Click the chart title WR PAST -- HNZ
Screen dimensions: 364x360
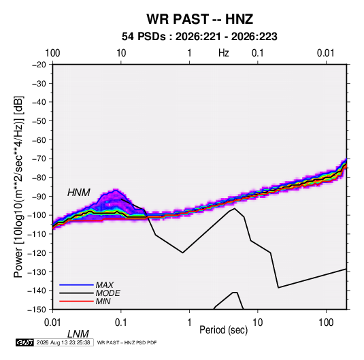tap(199, 19)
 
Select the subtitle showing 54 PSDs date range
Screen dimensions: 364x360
tap(199, 37)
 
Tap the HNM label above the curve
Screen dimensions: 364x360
tap(79, 193)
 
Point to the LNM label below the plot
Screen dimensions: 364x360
tap(78, 334)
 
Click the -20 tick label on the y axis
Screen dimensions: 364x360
tap(39, 65)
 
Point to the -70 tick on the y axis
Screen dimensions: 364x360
tap(39, 159)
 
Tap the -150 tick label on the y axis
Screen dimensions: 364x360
tap(37, 310)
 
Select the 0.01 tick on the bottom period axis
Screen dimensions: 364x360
tap(52, 323)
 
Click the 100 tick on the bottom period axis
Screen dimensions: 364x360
tap(326, 323)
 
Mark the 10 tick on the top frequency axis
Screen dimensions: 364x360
tap(121, 53)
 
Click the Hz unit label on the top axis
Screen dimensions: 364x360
tap(224, 53)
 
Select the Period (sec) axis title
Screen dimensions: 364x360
tap(224, 330)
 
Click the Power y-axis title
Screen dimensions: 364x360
tap(18, 187)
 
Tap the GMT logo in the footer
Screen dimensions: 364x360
tap(24, 342)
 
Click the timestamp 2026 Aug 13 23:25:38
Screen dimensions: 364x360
tap(63, 342)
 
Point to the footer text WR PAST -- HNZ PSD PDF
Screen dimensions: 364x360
tap(127, 342)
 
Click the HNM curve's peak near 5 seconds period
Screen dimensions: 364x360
tap(235, 208)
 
